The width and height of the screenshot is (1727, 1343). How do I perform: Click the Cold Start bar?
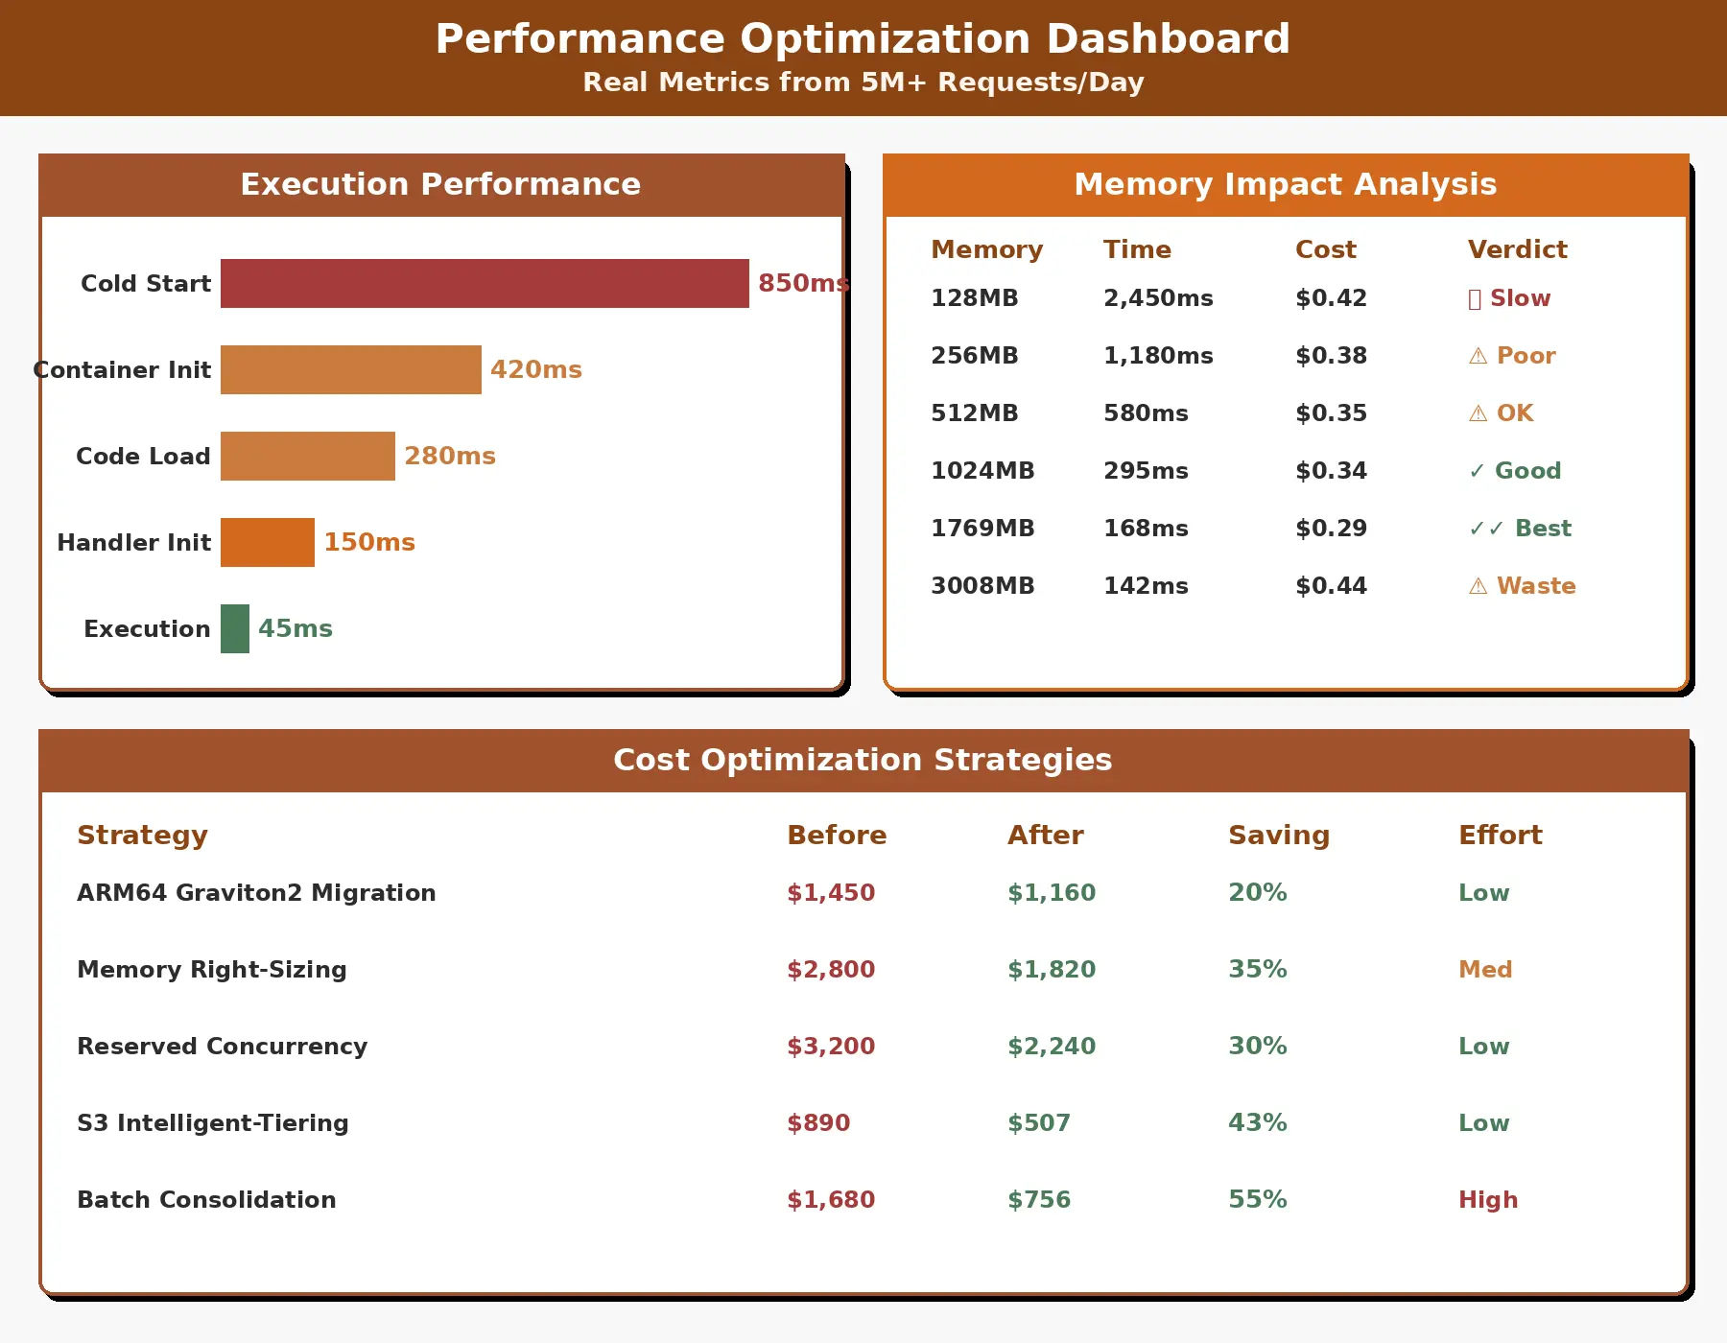click(485, 283)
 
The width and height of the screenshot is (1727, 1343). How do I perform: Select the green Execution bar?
click(235, 628)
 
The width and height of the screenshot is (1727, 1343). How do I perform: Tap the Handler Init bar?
click(268, 542)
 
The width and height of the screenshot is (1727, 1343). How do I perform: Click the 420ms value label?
click(535, 369)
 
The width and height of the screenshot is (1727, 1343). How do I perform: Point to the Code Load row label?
click(143, 456)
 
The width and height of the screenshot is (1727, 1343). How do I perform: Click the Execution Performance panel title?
click(440, 184)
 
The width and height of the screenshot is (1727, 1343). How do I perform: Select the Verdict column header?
click(1517, 249)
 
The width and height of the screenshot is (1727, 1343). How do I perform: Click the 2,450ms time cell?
click(1158, 298)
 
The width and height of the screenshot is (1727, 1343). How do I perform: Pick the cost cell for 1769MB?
click(1331, 529)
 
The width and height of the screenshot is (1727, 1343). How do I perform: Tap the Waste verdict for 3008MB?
click(1523, 586)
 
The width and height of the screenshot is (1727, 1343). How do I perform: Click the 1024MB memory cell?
click(982, 471)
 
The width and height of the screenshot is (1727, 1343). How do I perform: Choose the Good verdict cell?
click(1515, 471)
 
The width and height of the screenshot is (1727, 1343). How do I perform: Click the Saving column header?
click(1279, 835)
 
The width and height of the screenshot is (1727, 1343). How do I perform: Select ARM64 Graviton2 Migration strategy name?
click(256, 893)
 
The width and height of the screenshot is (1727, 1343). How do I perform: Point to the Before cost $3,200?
click(831, 1047)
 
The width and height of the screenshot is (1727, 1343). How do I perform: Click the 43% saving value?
click(1257, 1123)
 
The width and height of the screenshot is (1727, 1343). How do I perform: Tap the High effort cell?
click(1488, 1200)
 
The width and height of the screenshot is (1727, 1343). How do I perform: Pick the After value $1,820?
click(1052, 970)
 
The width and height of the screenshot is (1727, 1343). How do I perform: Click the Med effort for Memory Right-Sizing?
click(1485, 970)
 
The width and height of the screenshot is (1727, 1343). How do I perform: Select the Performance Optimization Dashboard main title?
click(863, 39)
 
